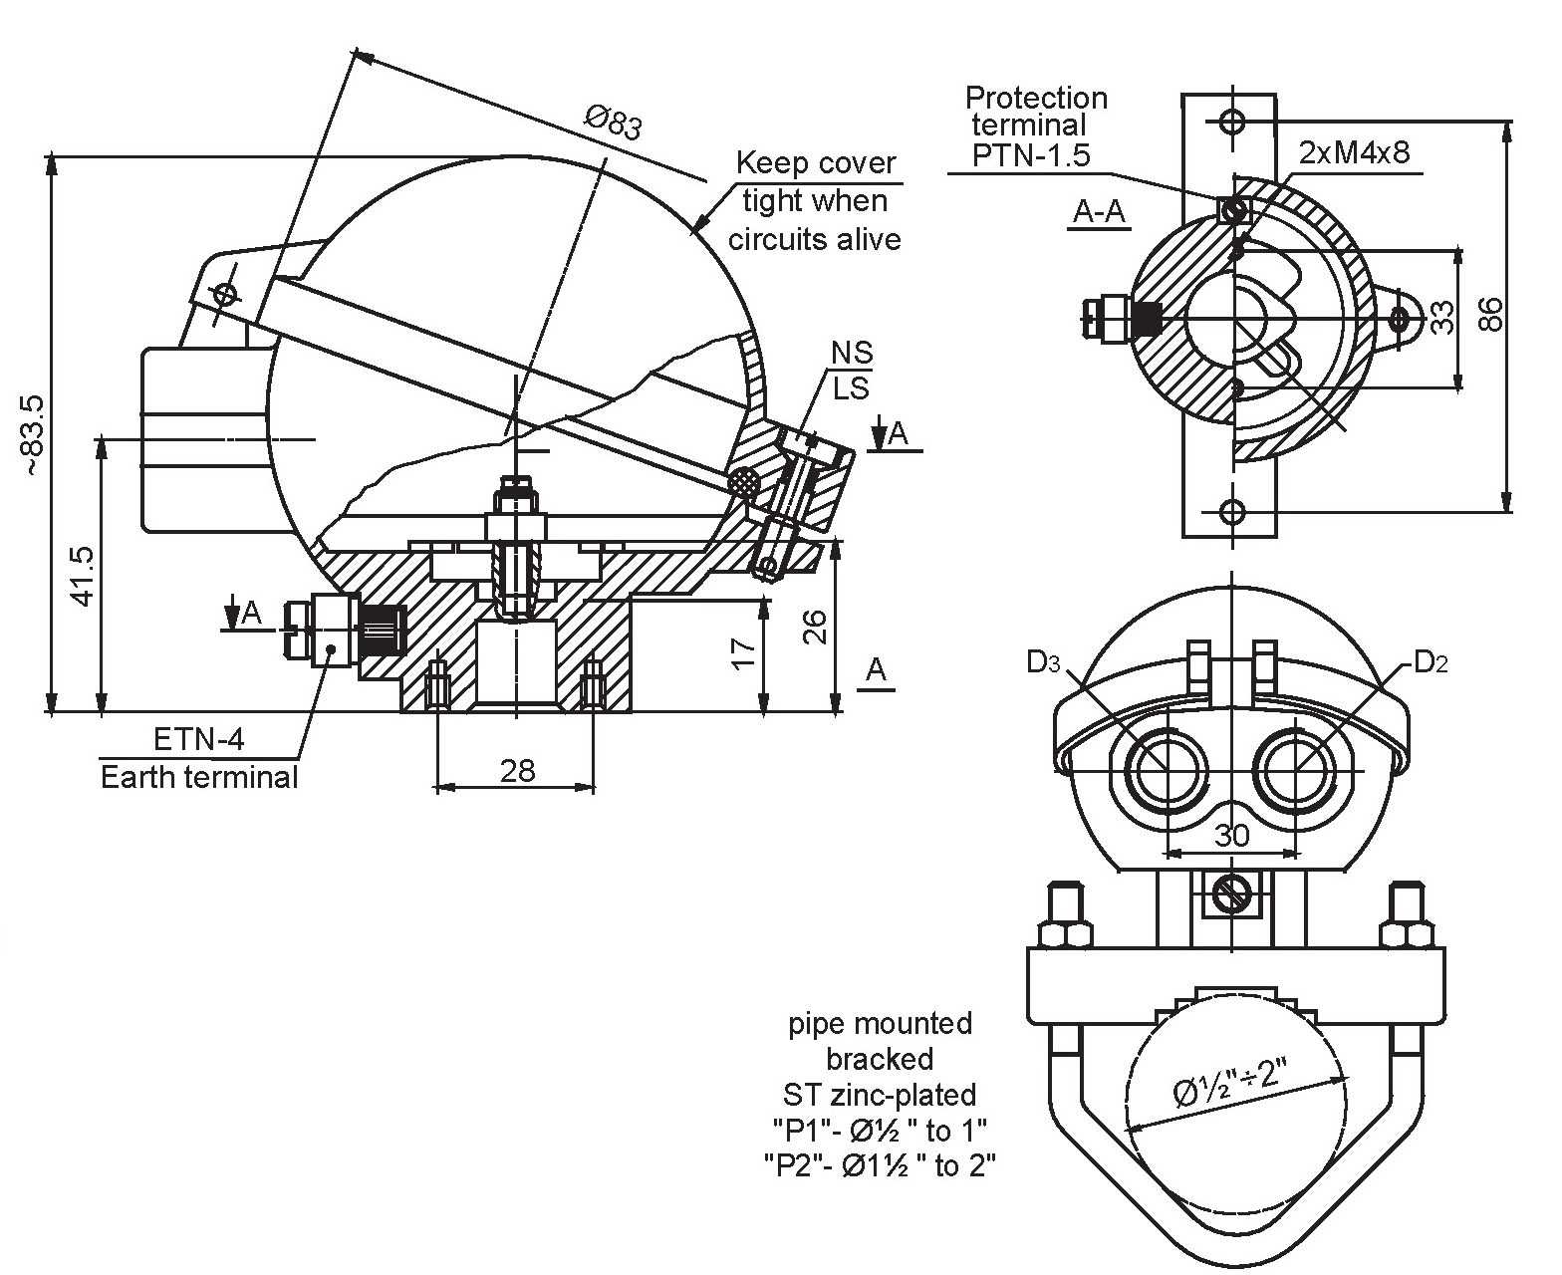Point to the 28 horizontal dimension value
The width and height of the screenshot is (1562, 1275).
[518, 770]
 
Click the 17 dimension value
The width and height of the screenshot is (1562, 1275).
[743, 653]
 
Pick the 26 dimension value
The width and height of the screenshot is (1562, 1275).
[815, 627]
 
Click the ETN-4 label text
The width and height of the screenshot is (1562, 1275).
[198, 739]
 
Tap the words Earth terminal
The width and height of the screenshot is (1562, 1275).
[199, 777]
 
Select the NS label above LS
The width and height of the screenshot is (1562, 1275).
[853, 353]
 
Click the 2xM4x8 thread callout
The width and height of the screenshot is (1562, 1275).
[1354, 151]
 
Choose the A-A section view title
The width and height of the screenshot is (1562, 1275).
[1099, 211]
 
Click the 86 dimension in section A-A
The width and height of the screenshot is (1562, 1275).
[1489, 315]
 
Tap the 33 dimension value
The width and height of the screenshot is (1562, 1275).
[1441, 316]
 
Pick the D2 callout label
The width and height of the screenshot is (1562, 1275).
[1430, 662]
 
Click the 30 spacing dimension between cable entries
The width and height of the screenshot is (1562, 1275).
[1231, 835]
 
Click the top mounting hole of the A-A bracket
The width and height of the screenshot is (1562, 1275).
[1232, 122]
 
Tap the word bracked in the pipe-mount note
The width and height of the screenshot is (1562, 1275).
[880, 1058]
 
